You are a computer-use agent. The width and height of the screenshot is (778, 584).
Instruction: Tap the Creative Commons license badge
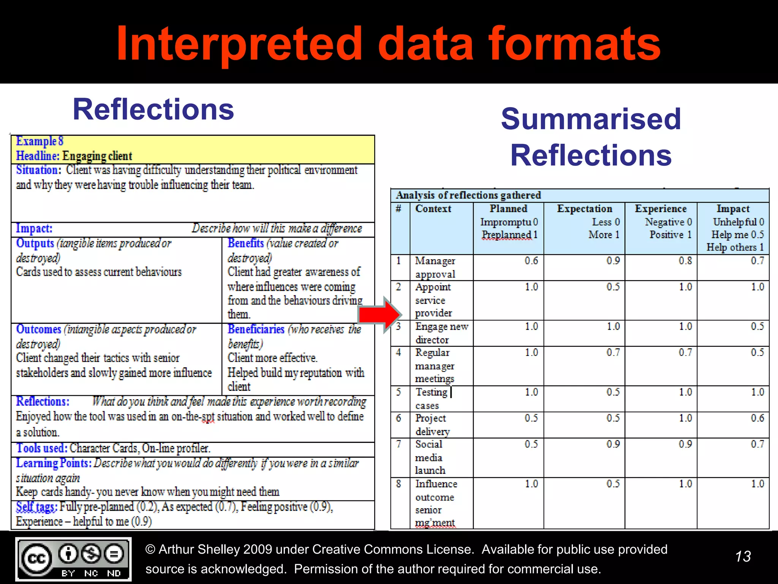point(73,559)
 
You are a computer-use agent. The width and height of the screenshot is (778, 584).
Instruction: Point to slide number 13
point(743,556)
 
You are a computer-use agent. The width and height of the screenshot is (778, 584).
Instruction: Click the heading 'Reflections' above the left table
point(153,109)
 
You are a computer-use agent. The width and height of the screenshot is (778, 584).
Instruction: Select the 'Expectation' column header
point(584,209)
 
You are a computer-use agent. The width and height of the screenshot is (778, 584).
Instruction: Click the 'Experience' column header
point(661,209)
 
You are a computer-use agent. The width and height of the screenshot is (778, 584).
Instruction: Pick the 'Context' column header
point(433,209)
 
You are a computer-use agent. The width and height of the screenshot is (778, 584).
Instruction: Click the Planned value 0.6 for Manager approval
point(531,261)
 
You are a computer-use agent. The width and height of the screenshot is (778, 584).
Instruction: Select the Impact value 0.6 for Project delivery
point(757,418)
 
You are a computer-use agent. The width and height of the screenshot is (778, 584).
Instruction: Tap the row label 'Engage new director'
point(441,333)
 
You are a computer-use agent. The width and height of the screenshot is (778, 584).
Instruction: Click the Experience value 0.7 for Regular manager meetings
point(685,352)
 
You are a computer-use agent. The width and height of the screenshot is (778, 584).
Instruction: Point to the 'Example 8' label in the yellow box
point(40,141)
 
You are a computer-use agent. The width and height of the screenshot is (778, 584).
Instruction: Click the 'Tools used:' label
point(42,448)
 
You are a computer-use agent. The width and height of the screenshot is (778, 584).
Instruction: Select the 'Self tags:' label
point(36,507)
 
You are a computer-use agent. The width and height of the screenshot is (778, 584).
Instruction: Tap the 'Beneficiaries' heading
point(256,329)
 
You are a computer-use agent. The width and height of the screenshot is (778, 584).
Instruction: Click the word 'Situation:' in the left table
point(38,170)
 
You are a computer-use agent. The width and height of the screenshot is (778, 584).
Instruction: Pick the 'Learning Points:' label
point(54,463)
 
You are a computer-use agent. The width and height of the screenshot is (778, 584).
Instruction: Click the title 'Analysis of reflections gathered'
point(468,195)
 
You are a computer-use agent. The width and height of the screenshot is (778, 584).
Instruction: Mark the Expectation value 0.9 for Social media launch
point(613,444)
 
